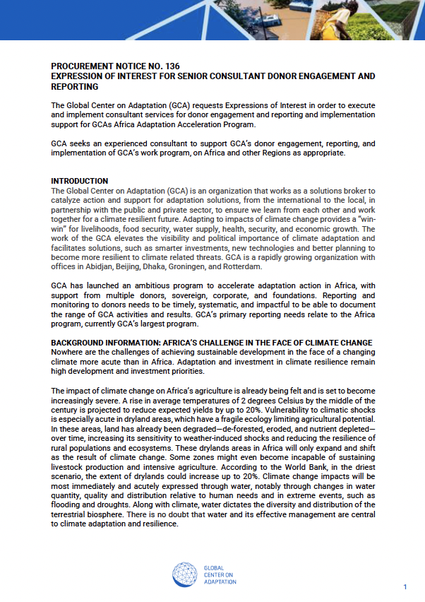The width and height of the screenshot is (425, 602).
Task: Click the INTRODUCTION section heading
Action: click(80, 181)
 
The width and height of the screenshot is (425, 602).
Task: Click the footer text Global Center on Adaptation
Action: click(220, 574)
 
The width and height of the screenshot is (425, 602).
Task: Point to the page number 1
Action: click(405, 587)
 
